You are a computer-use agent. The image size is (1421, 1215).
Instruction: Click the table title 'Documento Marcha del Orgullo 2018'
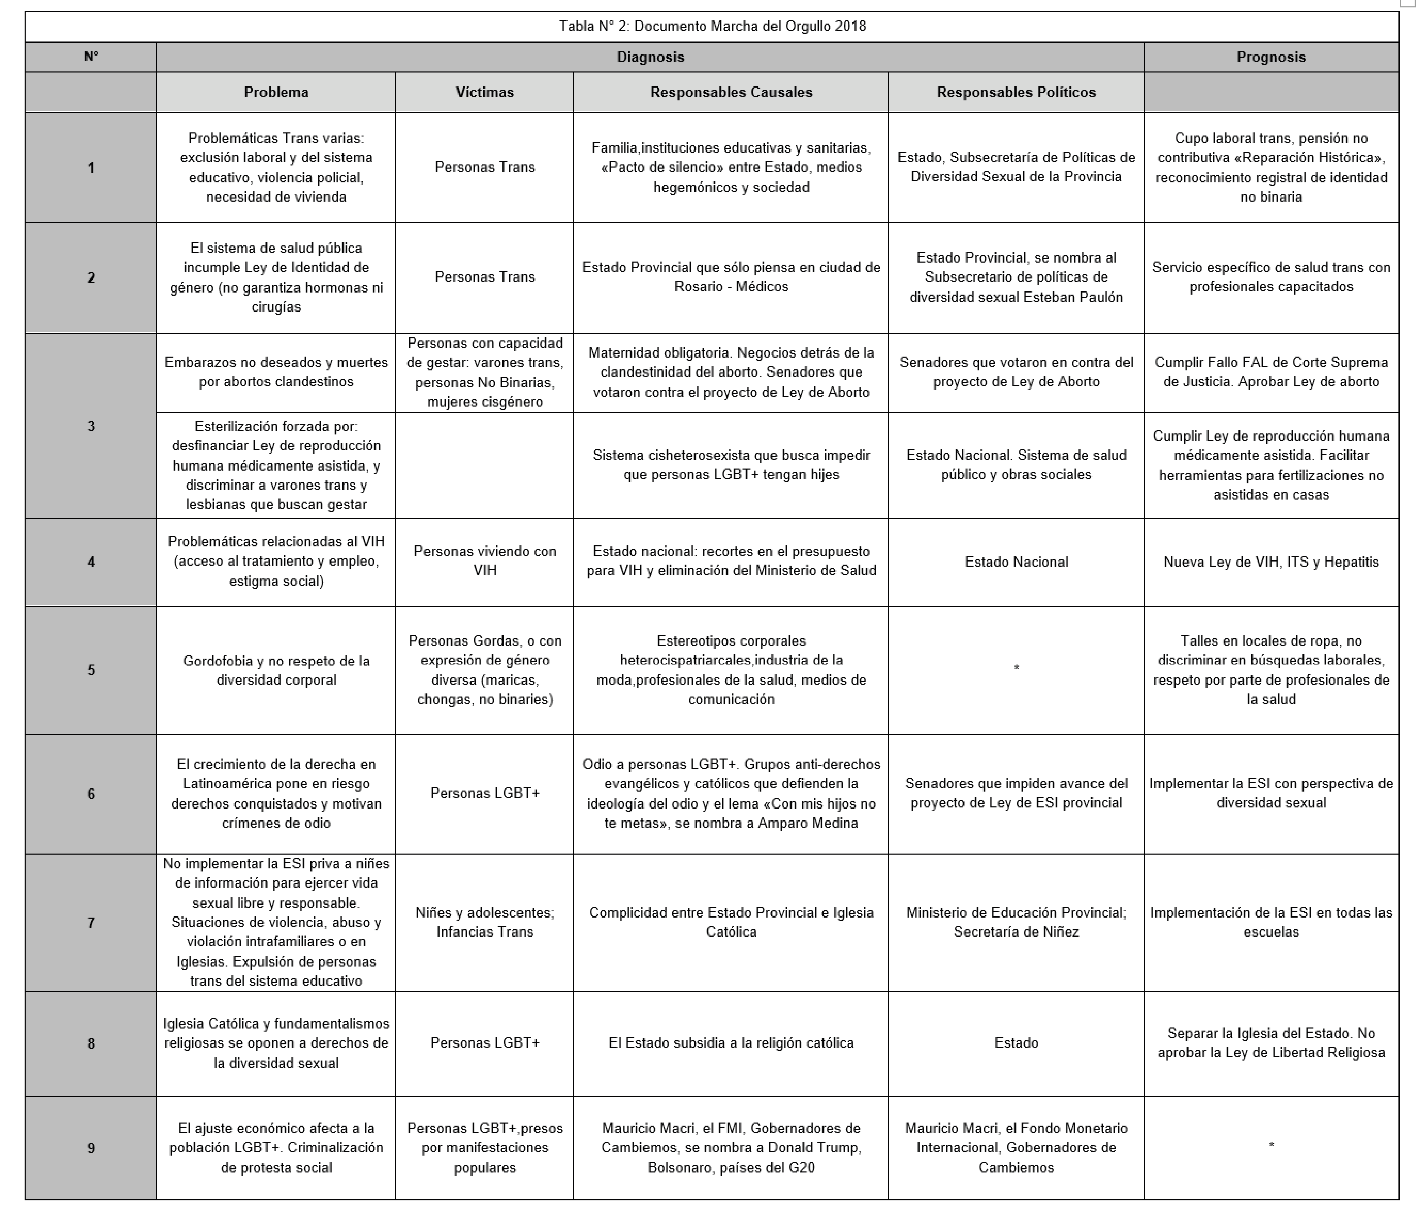click(x=712, y=26)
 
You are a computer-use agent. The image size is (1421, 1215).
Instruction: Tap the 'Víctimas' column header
click(x=484, y=92)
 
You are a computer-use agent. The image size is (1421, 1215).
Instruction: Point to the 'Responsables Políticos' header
click(x=1016, y=92)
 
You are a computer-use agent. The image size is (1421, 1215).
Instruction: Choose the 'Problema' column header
click(x=276, y=92)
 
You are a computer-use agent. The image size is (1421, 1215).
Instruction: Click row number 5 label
click(x=91, y=670)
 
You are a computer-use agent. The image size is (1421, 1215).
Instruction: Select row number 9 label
click(x=91, y=1148)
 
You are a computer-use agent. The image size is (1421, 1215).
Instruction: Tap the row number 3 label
click(x=91, y=426)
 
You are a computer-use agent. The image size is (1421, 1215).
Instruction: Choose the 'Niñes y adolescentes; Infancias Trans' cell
click(x=484, y=922)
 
